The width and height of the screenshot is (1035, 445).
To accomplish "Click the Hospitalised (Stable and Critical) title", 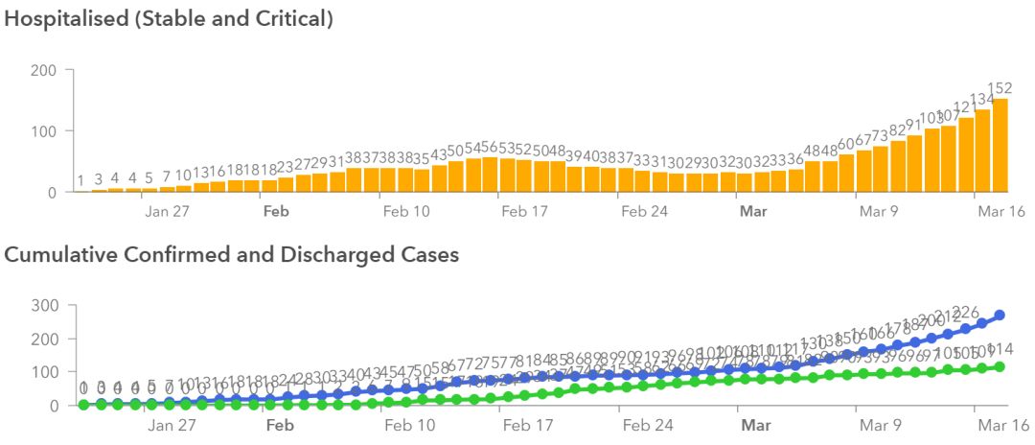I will pyautogui.click(x=170, y=18).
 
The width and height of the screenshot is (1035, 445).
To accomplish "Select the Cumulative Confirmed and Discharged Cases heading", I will pyautogui.click(x=232, y=254).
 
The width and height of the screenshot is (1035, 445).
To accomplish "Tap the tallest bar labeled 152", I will pyautogui.click(x=1000, y=146).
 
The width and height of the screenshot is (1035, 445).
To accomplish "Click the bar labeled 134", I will pyautogui.click(x=982, y=152).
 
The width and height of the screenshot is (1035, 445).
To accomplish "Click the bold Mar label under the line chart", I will pyautogui.click(x=755, y=424).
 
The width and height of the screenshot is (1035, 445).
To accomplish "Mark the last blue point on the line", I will pyautogui.click(x=1000, y=315).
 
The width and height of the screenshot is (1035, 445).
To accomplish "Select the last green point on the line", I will pyautogui.click(x=1000, y=366).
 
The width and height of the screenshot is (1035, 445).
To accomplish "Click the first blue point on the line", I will pyautogui.click(x=83, y=405).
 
